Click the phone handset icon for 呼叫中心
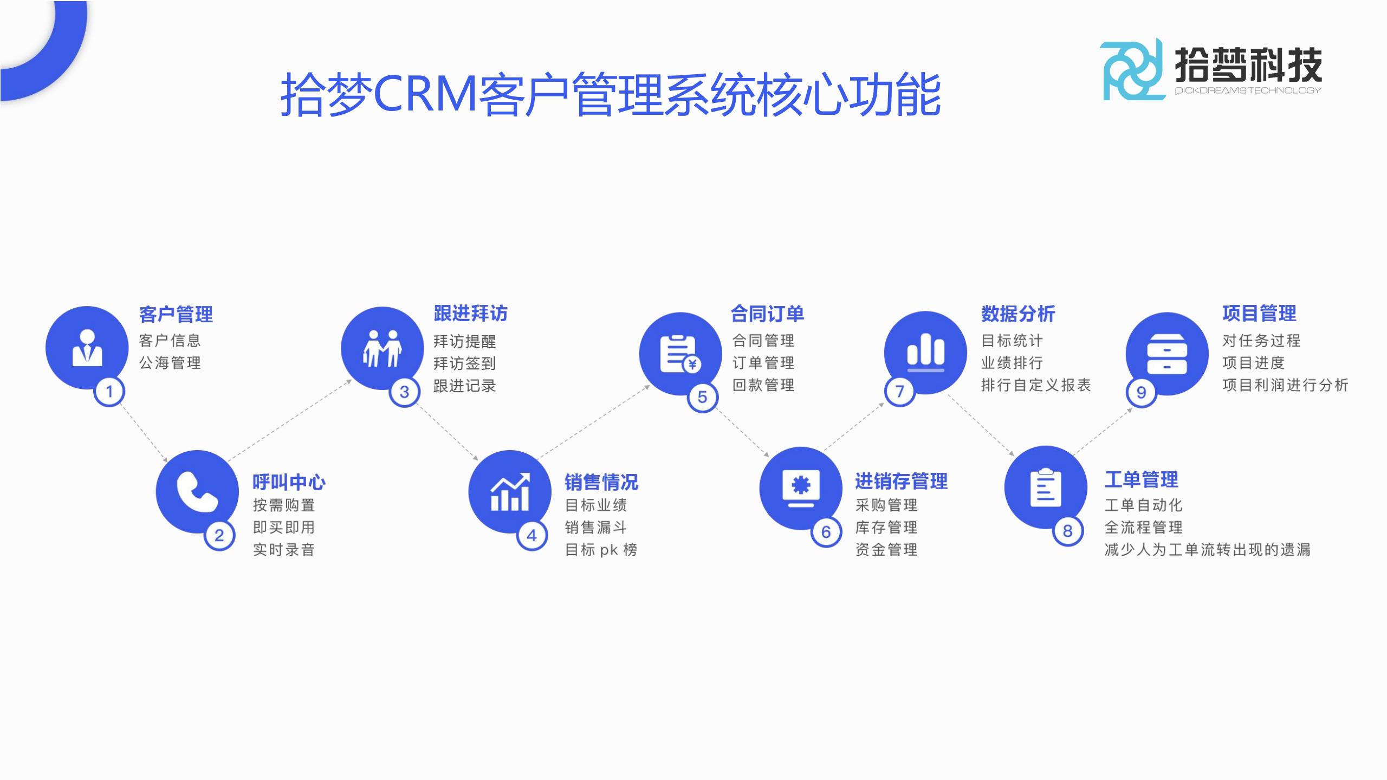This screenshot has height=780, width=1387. point(197,492)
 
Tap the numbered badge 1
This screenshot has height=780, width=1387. point(109,391)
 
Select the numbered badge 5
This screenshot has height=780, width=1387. point(702,397)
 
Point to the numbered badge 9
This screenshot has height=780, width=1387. point(1141,392)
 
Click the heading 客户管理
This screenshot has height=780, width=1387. point(176,314)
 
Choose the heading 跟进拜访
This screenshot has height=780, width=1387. point(470,314)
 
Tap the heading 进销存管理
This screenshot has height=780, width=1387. point(901,481)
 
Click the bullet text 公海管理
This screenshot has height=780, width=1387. point(170,363)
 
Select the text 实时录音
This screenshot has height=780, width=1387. point(284,550)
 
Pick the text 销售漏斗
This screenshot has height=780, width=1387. point(596,528)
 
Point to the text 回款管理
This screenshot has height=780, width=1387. point(763,385)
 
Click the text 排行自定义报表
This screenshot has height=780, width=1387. point(1036,385)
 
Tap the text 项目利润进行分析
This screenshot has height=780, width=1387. point(1285,385)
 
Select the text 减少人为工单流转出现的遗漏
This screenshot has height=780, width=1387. point(1208,550)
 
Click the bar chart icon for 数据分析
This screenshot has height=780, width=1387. point(925,350)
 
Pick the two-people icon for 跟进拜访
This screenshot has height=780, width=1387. point(382,348)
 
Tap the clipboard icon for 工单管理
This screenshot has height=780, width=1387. point(1045,487)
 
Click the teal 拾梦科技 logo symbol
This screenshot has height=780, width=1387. point(1132,70)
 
